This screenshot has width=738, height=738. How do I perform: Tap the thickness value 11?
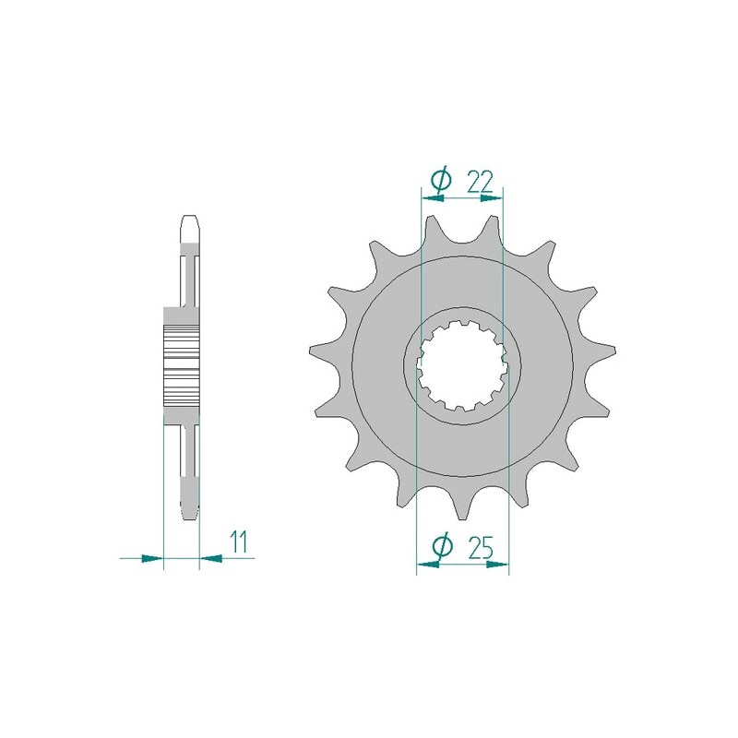coord(239,542)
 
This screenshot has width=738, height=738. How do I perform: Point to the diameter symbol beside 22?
coord(441,179)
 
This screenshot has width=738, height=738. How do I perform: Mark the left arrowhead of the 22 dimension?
coord(428,196)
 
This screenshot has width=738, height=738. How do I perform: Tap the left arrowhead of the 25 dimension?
coord(424,565)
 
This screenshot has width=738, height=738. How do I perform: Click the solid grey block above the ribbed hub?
coord(182,316)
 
